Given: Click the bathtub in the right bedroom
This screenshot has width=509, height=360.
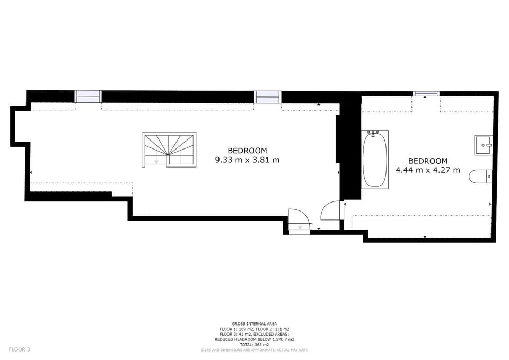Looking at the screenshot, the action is pos(375,159).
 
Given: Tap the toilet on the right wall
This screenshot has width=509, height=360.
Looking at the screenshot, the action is pos(480,176).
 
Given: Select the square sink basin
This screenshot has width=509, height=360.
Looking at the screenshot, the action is pos(484,145).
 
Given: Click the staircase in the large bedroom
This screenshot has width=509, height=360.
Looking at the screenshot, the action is pos(169,150).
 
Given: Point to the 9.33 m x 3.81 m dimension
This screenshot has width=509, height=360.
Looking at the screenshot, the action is pos(248,160).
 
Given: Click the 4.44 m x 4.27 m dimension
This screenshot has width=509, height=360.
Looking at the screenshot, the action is pos(428,170).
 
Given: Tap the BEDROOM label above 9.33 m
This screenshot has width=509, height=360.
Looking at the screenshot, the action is pos(248,151).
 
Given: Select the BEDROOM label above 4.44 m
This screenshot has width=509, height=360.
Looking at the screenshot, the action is pos(428,161).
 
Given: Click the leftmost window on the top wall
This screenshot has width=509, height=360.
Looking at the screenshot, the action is pos(88,96).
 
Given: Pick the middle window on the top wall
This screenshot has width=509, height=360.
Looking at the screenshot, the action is pos(268,97).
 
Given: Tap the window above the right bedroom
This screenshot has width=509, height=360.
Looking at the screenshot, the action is pos(426,94).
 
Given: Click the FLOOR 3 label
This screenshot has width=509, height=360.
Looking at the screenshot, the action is pos(20,349).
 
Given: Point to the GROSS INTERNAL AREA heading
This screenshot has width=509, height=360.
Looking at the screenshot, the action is pos(254,323).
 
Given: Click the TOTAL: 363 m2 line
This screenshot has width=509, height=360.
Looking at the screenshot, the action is pos(254,345).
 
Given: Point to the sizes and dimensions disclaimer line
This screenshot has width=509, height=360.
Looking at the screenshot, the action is pos(254,350).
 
